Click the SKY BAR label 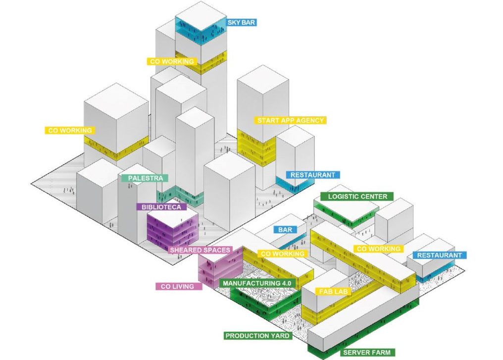point(241,22)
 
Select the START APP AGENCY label point(291,120)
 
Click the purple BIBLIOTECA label point(161,207)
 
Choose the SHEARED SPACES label point(200,250)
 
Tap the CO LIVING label point(178,286)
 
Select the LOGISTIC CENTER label point(357,197)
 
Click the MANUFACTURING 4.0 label point(258,283)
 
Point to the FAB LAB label point(335,292)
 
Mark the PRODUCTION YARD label point(257,336)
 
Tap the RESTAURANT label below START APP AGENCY point(313,175)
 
